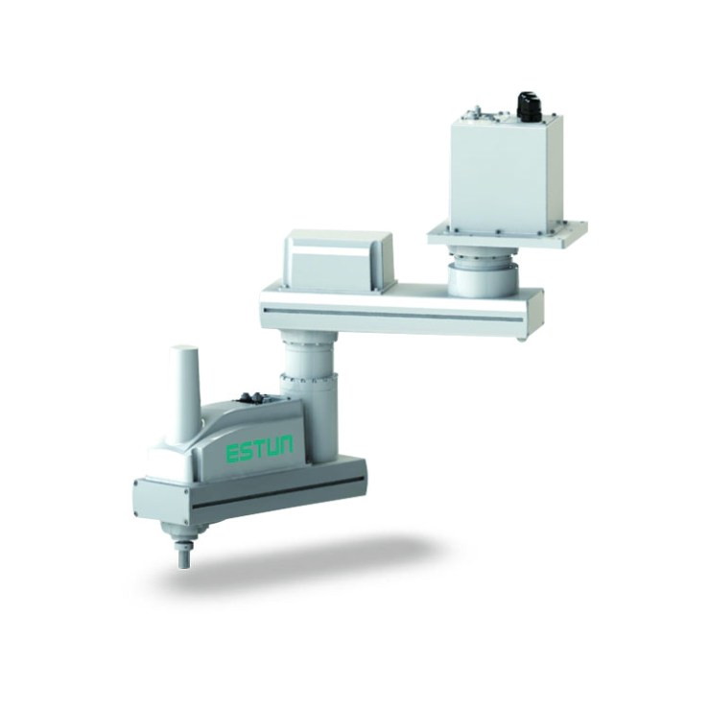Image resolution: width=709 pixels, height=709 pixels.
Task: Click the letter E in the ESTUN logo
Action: [x=232, y=453]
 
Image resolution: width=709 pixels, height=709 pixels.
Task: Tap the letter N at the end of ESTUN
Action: [x=284, y=445]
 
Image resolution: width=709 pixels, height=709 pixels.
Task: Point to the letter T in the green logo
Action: [x=259, y=449]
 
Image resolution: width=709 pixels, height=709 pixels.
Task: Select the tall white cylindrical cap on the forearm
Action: [x=184, y=392]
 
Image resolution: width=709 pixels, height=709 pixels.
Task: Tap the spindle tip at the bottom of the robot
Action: [x=183, y=557]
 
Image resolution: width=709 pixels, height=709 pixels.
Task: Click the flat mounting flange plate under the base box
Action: [x=508, y=235]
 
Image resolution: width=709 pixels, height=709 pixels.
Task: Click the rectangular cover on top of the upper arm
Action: [x=339, y=261]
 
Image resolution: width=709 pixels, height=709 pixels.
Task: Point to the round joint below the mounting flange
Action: [x=483, y=272]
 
